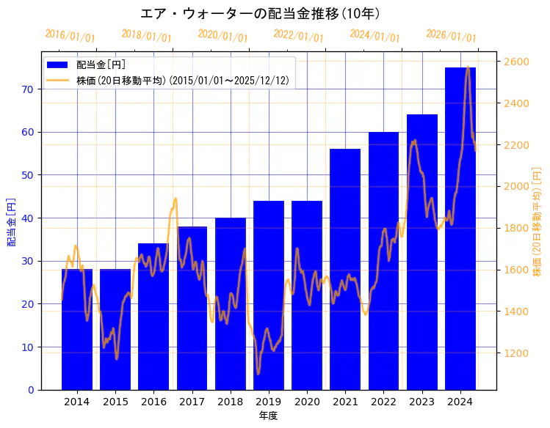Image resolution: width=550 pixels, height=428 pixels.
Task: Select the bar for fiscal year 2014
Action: click(x=77, y=330)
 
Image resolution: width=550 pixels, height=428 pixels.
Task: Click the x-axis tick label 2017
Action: click(x=192, y=402)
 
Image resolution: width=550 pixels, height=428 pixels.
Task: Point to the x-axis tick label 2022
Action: click(x=383, y=402)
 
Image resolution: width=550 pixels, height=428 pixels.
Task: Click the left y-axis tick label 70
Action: click(x=28, y=89)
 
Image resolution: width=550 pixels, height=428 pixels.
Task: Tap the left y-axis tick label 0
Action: click(x=31, y=390)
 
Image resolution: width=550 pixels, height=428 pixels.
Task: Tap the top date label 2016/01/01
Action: click(x=70, y=35)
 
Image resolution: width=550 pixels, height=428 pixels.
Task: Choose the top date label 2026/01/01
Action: click(x=451, y=35)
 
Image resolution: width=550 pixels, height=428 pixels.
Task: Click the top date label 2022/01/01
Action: click(x=298, y=35)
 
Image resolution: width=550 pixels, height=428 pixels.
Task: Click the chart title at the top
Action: click(x=260, y=13)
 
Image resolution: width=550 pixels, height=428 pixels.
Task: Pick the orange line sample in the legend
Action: click(x=58, y=80)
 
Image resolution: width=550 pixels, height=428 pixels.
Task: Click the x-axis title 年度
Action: click(x=268, y=416)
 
